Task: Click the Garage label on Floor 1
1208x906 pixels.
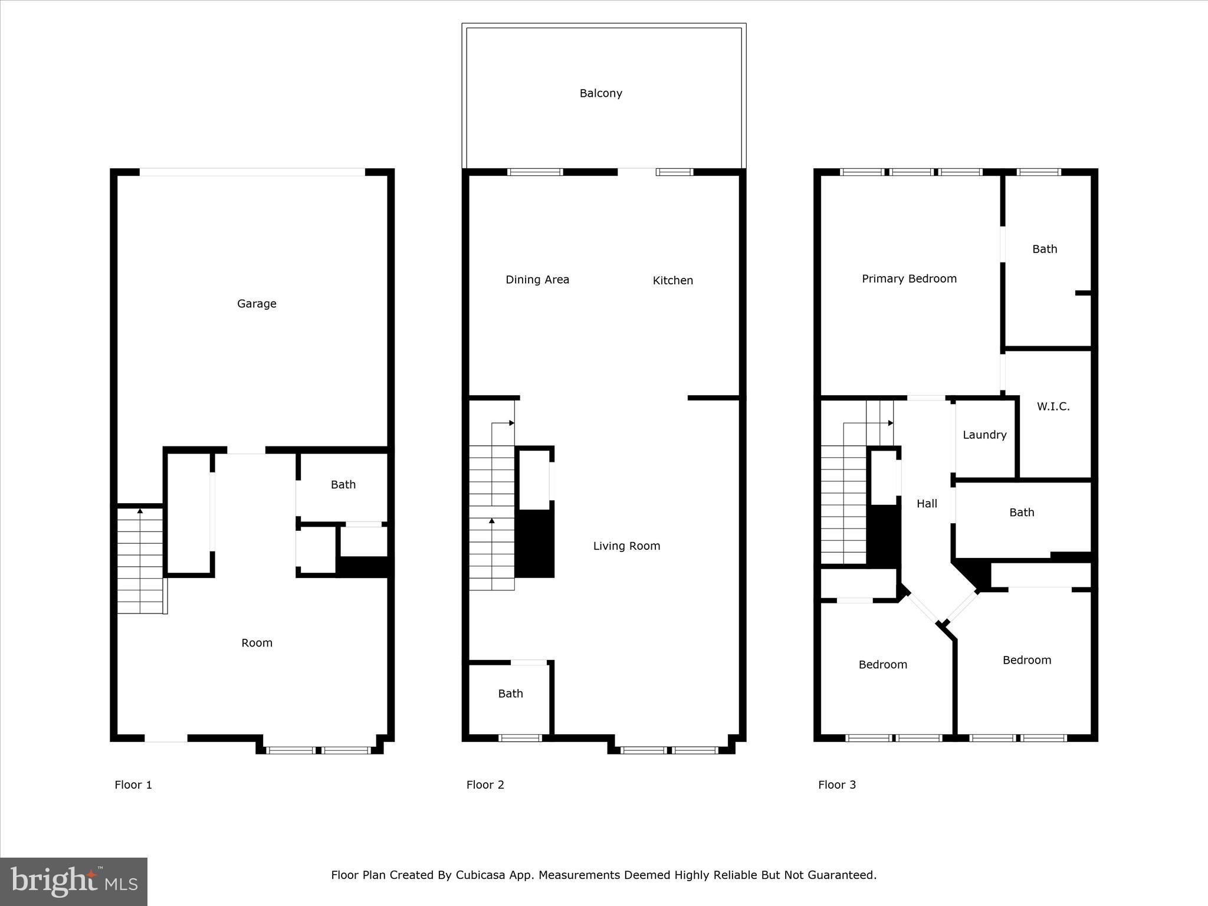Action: point(257,304)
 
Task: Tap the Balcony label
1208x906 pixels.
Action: point(600,93)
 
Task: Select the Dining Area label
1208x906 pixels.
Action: point(537,280)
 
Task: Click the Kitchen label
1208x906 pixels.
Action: point(672,281)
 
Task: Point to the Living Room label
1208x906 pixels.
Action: point(626,546)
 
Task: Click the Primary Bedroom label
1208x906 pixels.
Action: point(909,279)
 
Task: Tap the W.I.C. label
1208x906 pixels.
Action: point(1053,406)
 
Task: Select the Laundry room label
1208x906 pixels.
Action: point(984,435)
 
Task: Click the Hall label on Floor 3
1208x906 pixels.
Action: point(927,504)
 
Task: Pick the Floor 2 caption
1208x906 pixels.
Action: point(485,784)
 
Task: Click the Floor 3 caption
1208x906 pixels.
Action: point(836,784)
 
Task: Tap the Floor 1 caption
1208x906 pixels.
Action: point(133,784)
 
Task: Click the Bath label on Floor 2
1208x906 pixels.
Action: point(510,694)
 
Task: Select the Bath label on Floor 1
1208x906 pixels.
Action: point(343,485)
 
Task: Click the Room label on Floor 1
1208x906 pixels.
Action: point(257,643)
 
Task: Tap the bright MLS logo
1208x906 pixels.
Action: point(74,881)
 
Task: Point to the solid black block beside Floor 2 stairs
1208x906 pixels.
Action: point(534,543)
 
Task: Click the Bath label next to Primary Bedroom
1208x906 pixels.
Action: point(1044,250)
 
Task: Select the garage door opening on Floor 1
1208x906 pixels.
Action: point(252,172)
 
